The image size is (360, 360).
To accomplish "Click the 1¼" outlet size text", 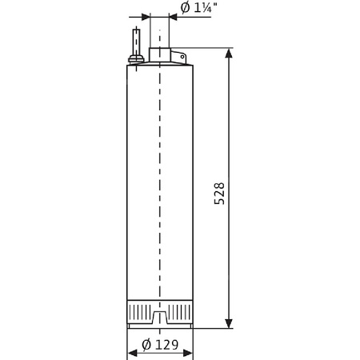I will (200, 9).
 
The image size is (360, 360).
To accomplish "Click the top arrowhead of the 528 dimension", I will (230, 54).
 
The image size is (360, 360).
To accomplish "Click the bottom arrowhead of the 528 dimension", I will (230, 324).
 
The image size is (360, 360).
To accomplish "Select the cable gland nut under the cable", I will (136, 57).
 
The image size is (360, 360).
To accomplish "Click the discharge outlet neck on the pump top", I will (160, 54).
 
